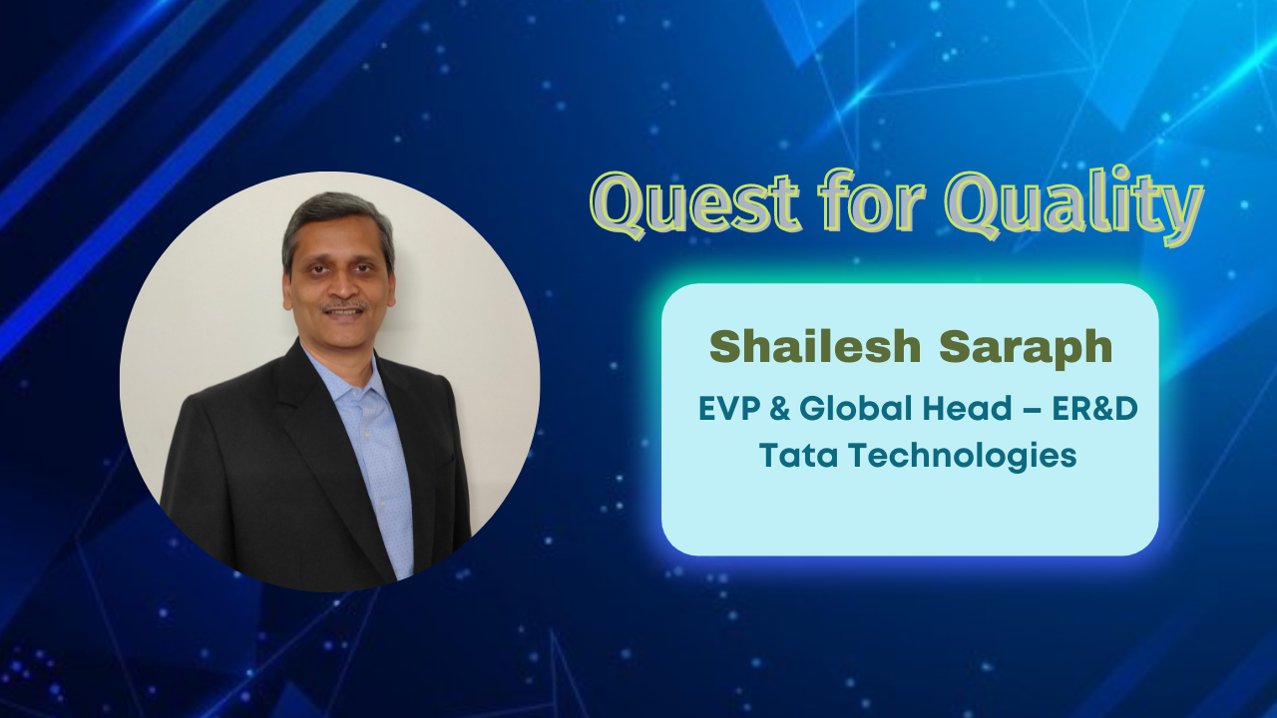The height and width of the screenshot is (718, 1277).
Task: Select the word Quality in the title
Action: pos(1074,205)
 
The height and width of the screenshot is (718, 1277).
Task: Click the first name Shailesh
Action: pos(815,346)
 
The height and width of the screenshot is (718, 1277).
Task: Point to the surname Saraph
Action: pos(1026,349)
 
